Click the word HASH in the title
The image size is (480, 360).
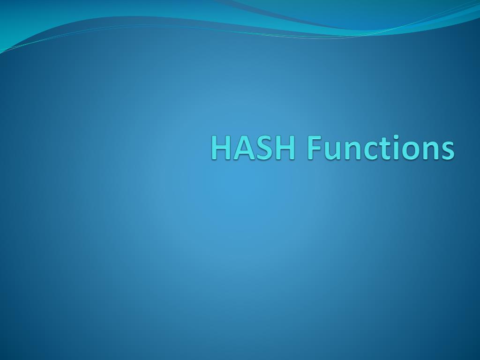[x=253, y=148]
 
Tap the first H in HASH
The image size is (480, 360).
[x=221, y=148]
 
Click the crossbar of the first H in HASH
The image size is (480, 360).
[x=221, y=148]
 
